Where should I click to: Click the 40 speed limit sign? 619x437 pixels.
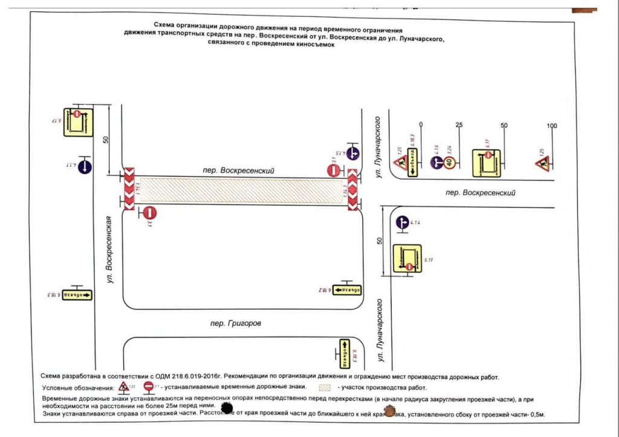[449, 163]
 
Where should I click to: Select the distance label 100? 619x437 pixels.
[551, 126]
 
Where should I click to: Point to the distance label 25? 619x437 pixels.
[459, 126]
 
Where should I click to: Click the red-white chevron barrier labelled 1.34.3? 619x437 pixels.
[353, 189]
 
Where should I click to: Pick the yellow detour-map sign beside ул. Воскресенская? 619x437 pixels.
[79, 121]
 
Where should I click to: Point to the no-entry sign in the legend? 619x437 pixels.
[147, 386]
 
